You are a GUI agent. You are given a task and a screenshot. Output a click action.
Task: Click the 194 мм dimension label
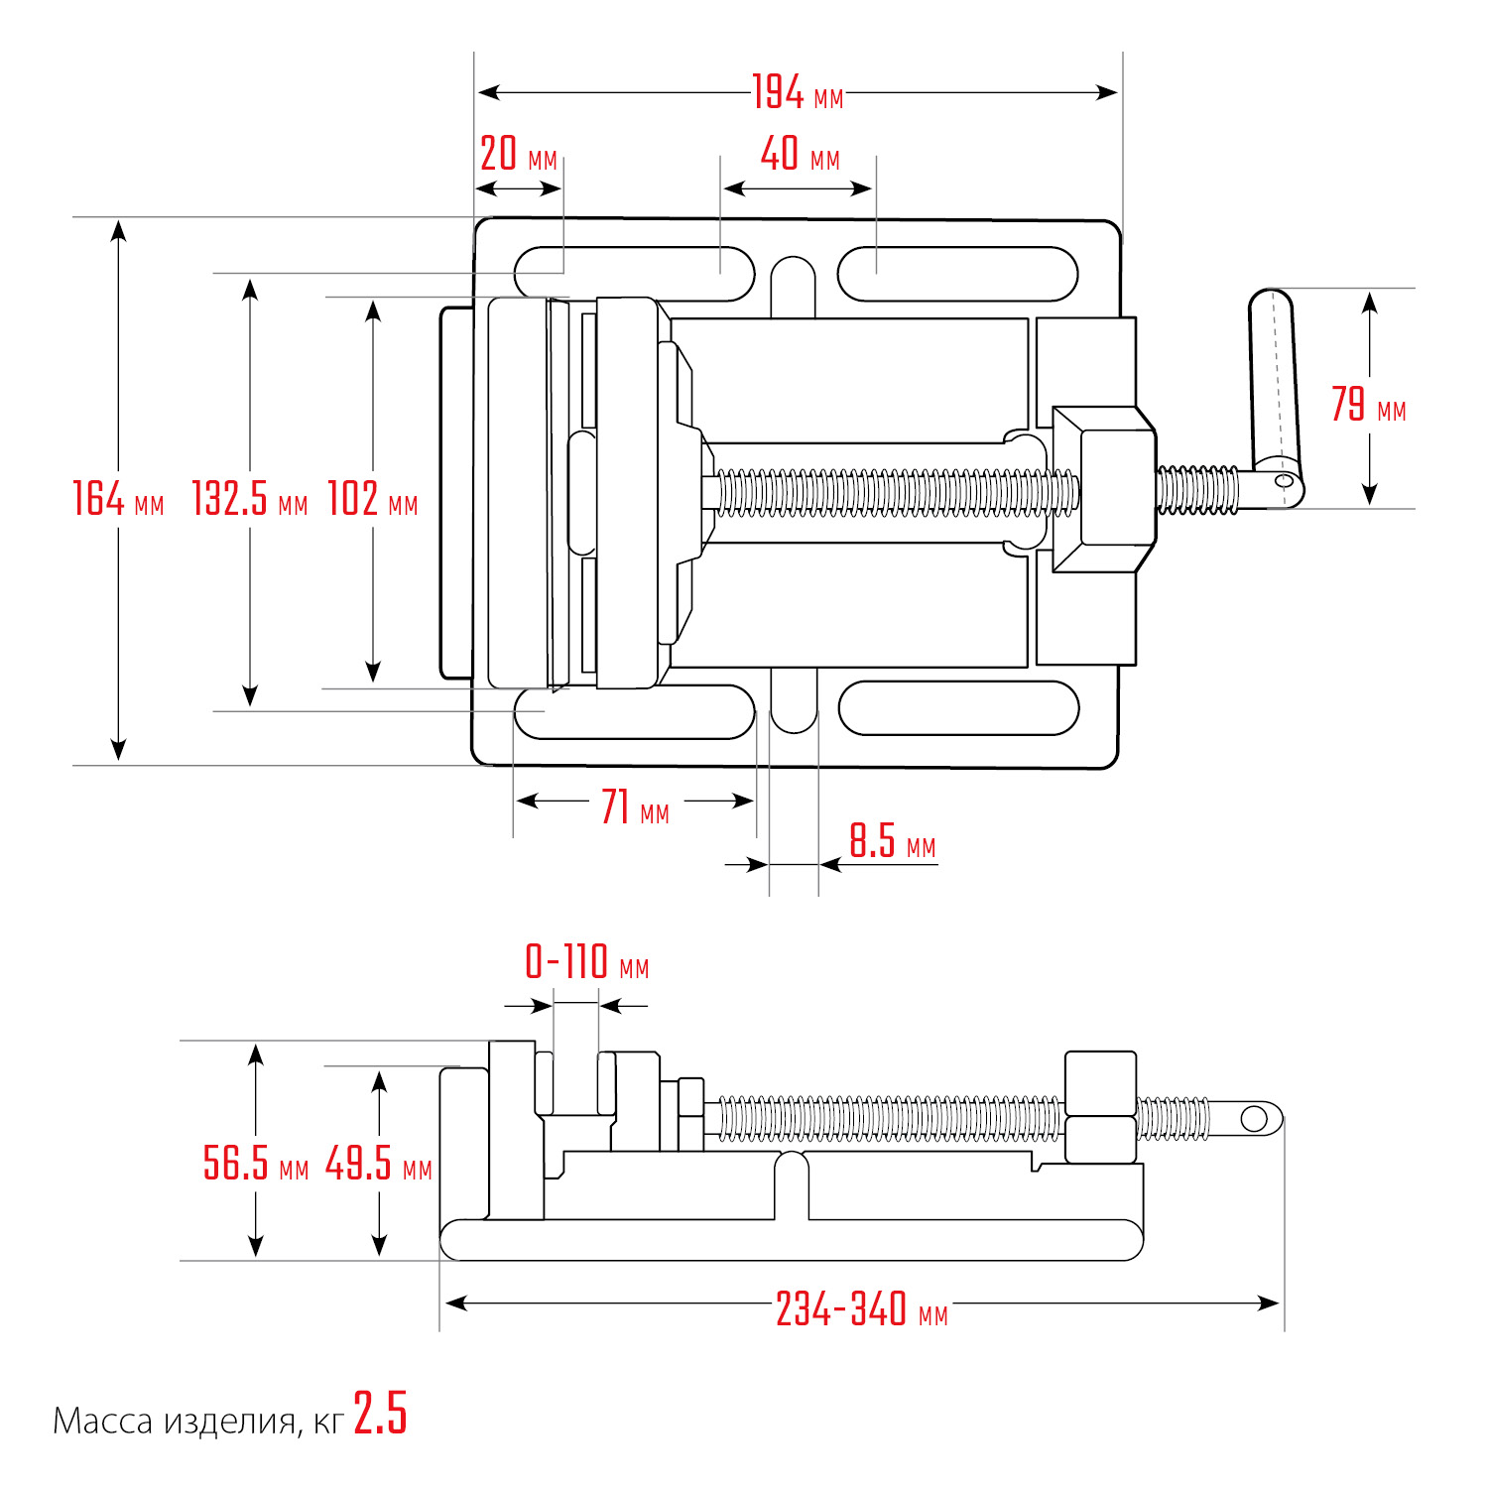pos(797,93)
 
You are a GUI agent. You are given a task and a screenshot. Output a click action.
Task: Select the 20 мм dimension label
pos(518,155)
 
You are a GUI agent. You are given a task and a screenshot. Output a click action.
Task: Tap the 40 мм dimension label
pos(800,155)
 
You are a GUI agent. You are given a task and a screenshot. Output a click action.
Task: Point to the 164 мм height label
pos(117,499)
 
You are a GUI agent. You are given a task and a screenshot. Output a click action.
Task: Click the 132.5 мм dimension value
pos(249,499)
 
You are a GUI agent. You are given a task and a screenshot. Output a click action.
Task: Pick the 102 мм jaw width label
pos(372,499)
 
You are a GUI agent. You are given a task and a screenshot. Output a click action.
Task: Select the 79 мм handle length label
pos(1368,405)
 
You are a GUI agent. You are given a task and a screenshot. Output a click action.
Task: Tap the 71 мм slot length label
pos(635,807)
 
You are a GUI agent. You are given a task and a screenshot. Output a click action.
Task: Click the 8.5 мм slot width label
pos(892,842)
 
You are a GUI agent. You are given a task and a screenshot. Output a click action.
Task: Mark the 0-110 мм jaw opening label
pos(586,963)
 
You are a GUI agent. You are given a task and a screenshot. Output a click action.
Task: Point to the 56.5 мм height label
pos(255,1164)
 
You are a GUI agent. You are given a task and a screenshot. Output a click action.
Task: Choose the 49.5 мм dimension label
pos(378,1164)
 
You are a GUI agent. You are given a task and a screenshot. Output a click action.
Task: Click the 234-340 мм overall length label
pos(861,1309)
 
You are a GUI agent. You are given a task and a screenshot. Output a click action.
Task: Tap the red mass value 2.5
pos(380,1414)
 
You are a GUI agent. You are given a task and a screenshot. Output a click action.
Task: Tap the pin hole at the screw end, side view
pos(1254,1119)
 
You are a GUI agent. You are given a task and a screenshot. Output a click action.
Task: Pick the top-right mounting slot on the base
pos(957,274)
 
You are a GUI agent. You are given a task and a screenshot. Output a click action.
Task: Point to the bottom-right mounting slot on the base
pos(958,708)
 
